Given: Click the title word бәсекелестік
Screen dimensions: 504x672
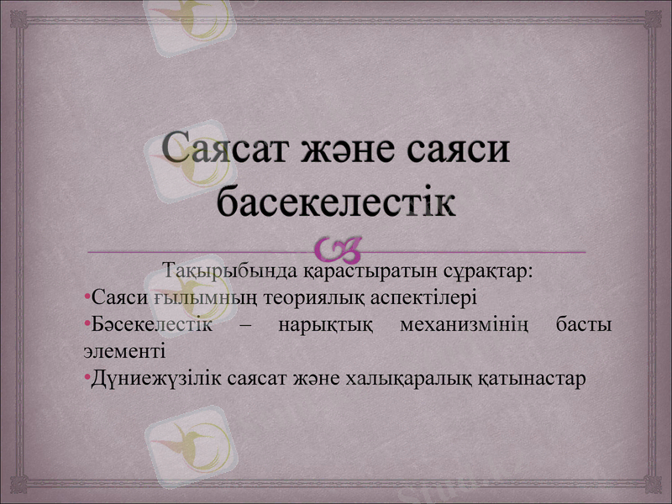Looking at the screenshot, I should pos(336,202).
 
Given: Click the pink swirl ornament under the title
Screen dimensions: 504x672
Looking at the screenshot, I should pos(339,249).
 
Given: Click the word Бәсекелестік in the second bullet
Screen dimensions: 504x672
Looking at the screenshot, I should pos(152,323).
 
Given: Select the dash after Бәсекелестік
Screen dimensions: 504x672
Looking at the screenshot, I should pos(246,324).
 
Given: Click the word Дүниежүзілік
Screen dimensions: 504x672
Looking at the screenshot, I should pos(152,377).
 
